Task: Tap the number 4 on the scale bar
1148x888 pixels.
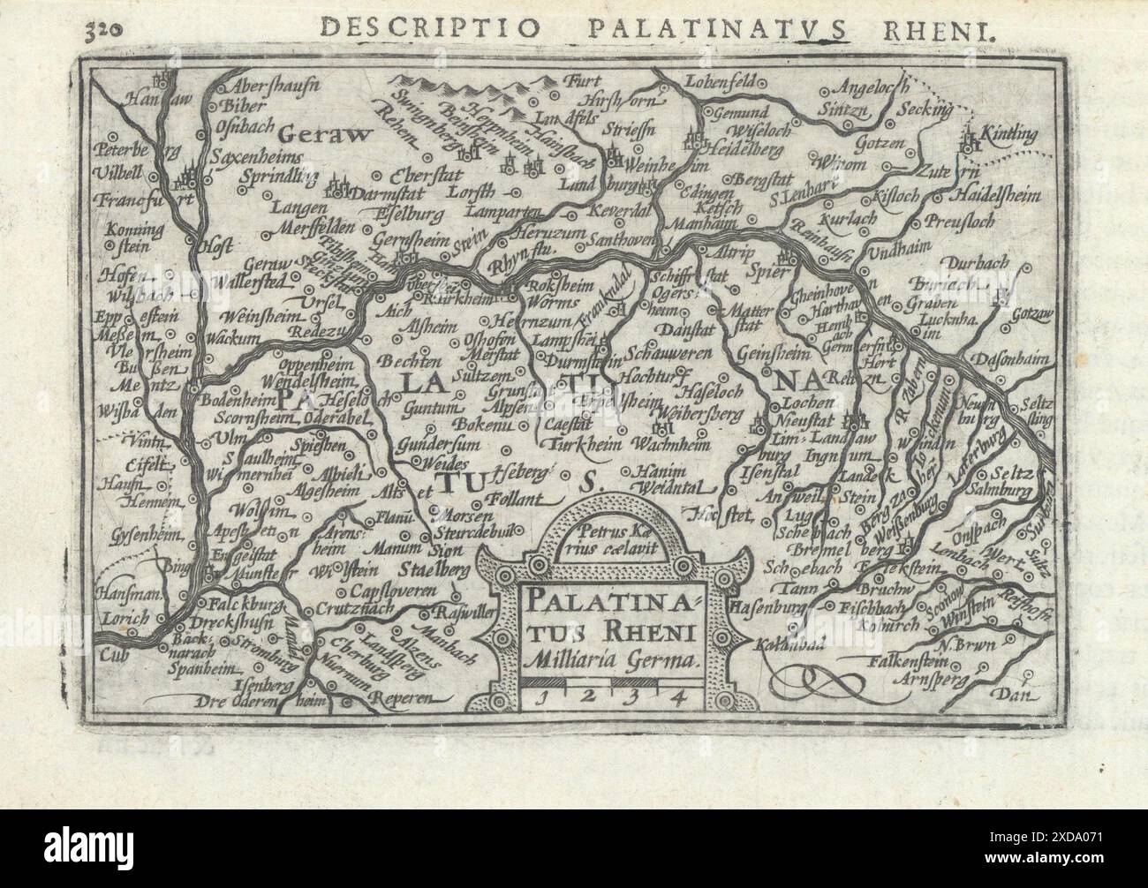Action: (x=678, y=695)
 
